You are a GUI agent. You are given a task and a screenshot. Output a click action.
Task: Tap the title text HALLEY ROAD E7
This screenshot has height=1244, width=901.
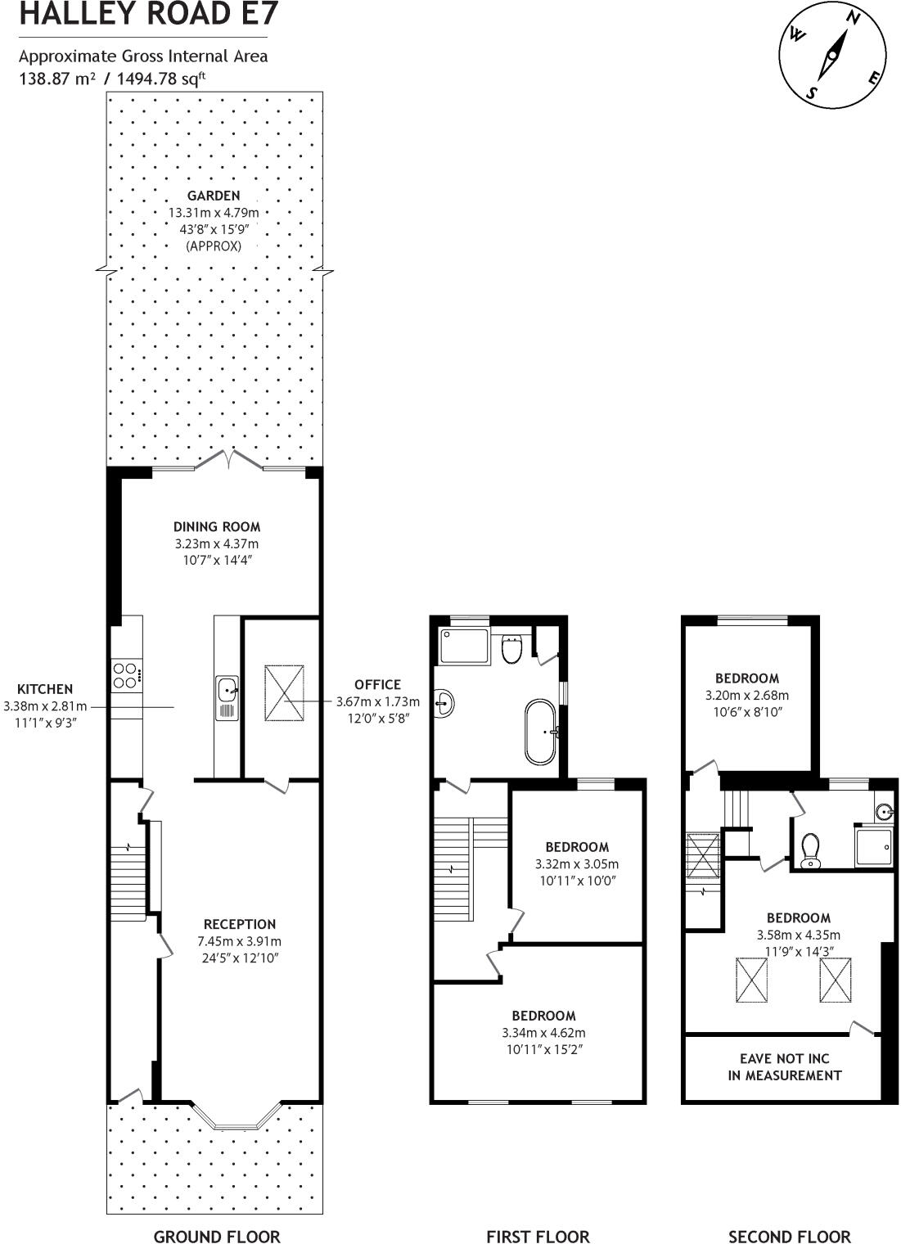148,15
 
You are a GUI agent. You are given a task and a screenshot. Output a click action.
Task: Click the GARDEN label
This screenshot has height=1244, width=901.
214,196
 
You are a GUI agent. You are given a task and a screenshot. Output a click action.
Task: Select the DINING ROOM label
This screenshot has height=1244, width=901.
217,526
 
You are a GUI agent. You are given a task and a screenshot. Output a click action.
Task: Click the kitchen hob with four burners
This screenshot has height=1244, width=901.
126,675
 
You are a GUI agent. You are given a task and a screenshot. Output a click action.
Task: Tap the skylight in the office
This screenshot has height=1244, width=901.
285,692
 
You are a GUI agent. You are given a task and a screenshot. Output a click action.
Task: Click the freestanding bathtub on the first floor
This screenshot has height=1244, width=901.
542,732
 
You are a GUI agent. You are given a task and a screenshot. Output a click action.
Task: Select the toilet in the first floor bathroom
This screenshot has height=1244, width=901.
512,649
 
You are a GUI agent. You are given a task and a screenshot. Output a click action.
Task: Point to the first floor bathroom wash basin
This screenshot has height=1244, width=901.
444,703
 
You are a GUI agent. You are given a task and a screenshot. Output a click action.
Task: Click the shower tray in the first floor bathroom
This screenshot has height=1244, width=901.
464,646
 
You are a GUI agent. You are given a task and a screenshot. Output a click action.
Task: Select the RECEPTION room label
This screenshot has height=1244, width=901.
240,924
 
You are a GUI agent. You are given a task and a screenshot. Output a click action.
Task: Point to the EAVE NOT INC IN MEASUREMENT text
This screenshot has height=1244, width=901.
784,1066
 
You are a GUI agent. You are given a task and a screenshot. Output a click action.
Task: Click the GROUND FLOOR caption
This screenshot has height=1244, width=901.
217,1236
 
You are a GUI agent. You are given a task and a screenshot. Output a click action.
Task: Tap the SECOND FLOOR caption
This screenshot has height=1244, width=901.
789,1236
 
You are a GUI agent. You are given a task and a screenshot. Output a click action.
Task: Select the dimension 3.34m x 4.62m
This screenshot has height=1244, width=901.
543,1033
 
